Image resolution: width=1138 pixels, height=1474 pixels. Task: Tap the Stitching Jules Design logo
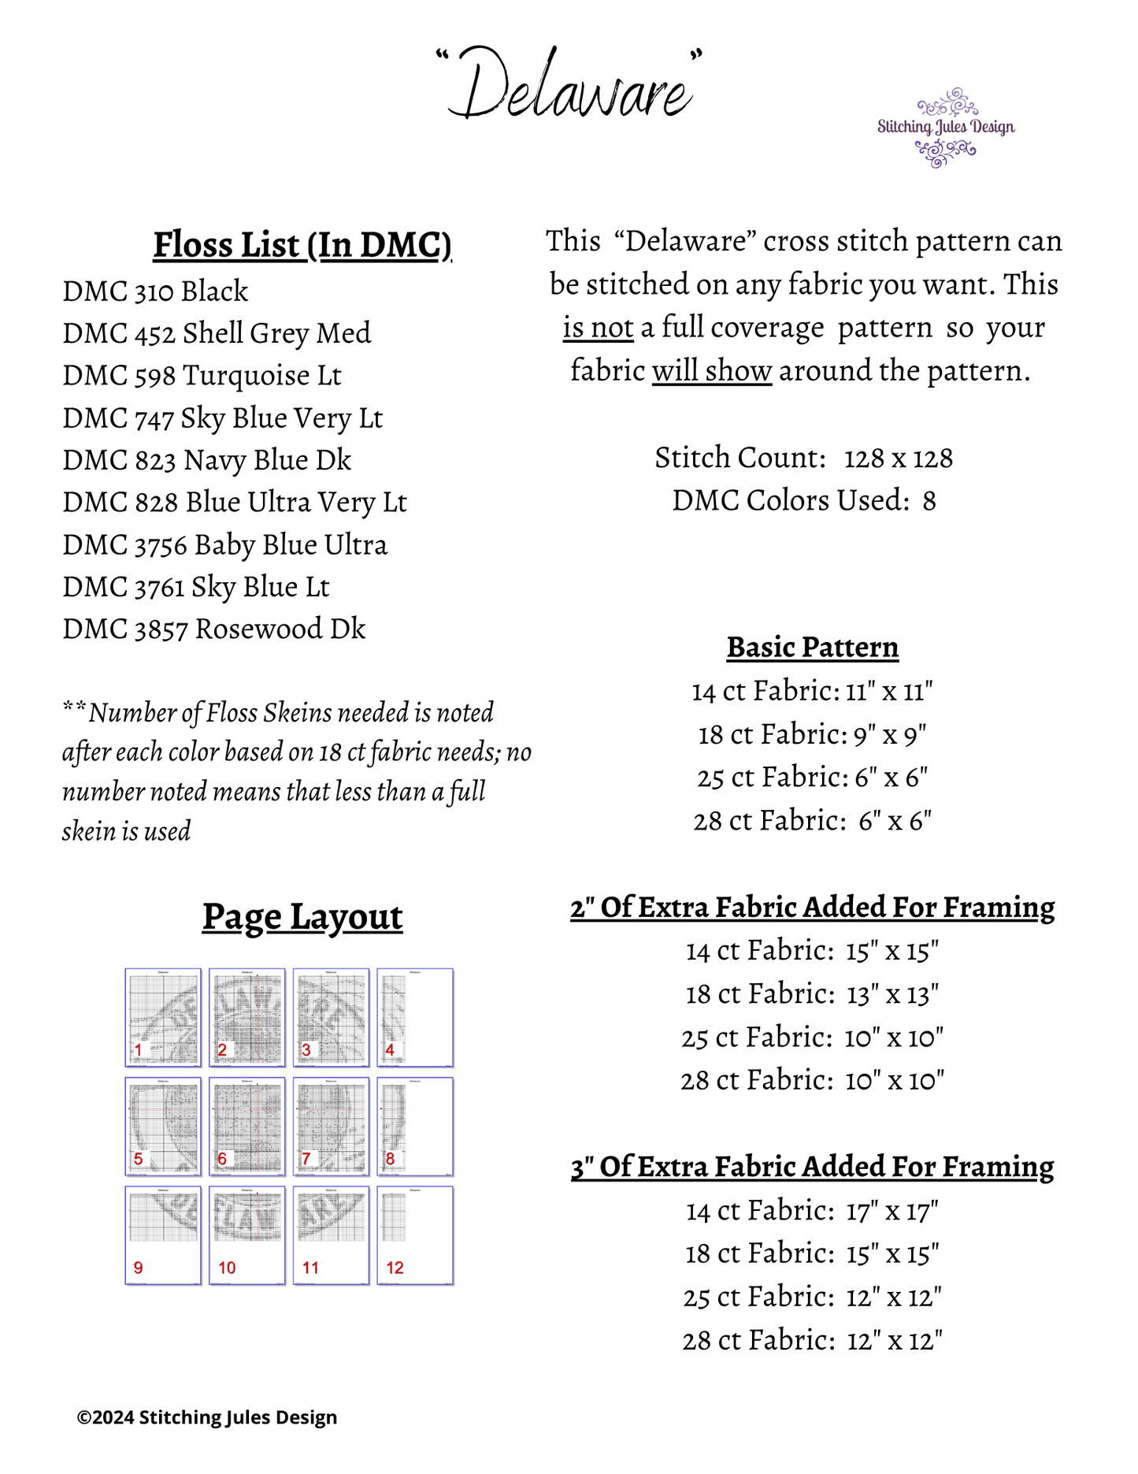click(946, 128)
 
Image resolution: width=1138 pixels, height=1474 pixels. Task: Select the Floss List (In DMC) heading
click(302, 245)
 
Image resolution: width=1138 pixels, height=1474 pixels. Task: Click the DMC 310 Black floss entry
click(155, 291)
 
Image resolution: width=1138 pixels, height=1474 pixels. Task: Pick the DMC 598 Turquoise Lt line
click(202, 376)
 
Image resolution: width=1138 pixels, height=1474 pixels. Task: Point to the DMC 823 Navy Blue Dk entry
click(206, 460)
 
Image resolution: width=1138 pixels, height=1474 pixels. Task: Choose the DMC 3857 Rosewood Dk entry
click(213, 629)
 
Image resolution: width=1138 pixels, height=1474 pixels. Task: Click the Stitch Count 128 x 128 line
click(803, 458)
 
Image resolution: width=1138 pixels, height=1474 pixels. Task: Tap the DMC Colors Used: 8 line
click(803, 501)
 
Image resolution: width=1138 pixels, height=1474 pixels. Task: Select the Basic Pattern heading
click(812, 647)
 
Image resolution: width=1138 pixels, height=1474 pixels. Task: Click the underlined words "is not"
click(598, 328)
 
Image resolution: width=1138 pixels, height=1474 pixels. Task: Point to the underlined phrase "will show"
click(711, 371)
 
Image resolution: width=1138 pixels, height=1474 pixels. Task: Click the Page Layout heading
click(302, 917)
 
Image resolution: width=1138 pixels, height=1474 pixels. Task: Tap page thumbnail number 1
click(163, 1017)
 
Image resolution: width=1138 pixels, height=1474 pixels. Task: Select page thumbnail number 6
click(247, 1127)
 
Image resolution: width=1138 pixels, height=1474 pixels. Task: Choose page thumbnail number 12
click(415, 1235)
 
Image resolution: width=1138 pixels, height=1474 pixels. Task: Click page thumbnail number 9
click(163, 1235)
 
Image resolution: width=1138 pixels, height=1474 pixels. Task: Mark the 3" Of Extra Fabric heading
click(812, 1167)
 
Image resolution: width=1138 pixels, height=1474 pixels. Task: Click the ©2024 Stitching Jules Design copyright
click(207, 1417)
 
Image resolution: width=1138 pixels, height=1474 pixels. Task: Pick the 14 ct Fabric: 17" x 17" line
click(812, 1211)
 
